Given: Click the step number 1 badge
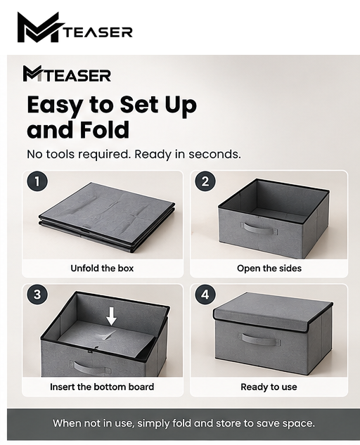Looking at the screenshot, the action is coord(37,181).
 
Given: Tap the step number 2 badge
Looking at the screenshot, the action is coord(205,181).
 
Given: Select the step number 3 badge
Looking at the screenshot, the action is coord(37,295).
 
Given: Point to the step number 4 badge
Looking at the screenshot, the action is coord(205,295).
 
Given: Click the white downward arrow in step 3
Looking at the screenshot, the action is coord(112,316).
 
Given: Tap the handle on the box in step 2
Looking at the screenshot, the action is coord(259,228).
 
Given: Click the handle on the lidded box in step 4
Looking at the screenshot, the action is coord(259,340).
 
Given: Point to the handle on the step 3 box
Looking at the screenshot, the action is coord(91,368).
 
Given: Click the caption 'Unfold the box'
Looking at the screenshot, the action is coord(102,268).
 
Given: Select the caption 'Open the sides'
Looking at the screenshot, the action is coord(269,268).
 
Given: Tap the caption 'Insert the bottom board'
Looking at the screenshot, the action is coord(102,387).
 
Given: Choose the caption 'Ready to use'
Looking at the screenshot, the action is coord(269,387).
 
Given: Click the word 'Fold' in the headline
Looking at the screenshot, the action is coord(104,129).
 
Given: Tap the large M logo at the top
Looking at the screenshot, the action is coord(39,27).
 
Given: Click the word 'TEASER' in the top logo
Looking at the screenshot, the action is coord(97,32).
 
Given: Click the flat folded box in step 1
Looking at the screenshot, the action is coord(107,217).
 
